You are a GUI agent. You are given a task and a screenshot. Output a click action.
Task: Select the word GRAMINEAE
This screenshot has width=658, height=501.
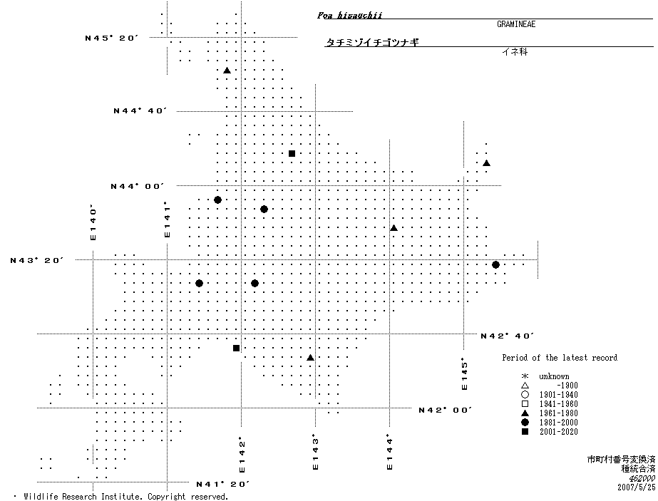pos(516,24)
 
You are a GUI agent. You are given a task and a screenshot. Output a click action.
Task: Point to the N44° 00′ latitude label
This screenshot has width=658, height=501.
pos(137,186)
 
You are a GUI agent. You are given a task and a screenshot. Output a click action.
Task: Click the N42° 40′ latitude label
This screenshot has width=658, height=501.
pos(508,336)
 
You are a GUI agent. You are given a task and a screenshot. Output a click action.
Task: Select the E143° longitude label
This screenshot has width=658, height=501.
pos(315,452)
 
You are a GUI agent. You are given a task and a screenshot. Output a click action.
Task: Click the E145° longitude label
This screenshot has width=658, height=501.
pos(464,373)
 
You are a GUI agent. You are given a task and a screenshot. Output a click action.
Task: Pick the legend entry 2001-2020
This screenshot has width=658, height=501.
pos(558,432)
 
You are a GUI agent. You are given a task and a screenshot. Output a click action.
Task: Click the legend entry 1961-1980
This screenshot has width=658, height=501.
pos(558,413)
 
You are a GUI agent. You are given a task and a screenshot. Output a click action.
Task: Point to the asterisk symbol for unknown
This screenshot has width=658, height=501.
pos(525,376)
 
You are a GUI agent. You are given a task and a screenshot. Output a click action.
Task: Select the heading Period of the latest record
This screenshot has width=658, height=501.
pos(560,358)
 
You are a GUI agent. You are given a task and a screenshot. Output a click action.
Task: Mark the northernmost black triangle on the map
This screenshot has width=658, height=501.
pos(227,71)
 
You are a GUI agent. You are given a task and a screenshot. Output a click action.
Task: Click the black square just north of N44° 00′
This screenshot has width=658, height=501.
pos(292,153)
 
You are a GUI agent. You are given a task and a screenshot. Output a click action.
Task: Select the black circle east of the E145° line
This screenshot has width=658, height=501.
pos(495,265)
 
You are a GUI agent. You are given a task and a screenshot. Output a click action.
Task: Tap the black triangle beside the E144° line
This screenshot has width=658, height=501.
pos(394,228)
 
